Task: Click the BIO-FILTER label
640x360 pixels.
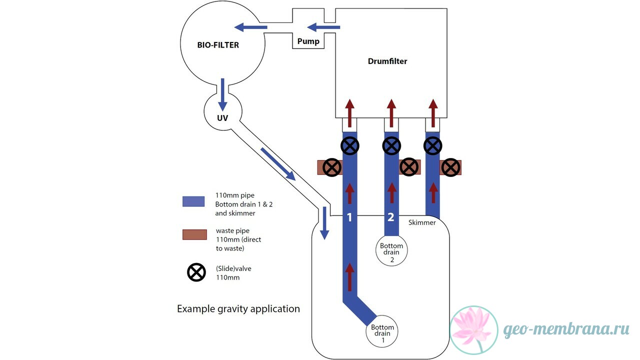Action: coord(218,45)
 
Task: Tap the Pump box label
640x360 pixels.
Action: coord(308,41)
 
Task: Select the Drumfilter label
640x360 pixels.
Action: coord(387,61)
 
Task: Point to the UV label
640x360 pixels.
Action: coord(222,118)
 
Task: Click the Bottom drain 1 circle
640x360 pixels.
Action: coord(382,331)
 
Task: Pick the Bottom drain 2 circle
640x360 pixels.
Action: coord(391,250)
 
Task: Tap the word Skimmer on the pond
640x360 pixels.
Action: coord(422,222)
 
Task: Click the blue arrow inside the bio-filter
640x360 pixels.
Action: coord(250,27)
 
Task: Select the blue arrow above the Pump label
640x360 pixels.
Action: coord(323,27)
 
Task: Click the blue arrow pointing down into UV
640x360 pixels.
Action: coord(222,95)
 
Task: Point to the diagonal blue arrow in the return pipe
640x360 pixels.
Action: coord(278,164)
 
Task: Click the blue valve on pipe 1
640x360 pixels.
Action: coord(350,145)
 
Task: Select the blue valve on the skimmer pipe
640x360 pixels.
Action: coord(433,145)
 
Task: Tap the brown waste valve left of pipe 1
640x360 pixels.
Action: coord(332,167)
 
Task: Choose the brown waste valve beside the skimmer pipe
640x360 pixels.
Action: coord(451,167)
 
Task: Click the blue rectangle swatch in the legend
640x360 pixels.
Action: coord(193,201)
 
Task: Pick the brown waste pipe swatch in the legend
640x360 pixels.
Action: coord(194,234)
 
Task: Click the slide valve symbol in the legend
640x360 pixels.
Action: coord(196,272)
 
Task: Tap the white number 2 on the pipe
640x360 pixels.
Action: coord(391,217)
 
